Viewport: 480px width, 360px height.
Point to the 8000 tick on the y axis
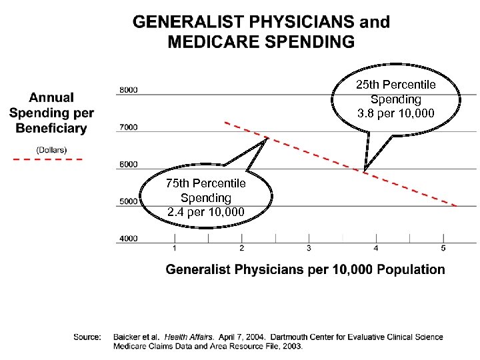point(128,90)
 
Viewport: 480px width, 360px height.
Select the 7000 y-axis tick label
point(128,127)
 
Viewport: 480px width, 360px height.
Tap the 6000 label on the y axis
point(128,164)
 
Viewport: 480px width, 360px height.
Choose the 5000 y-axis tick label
point(128,201)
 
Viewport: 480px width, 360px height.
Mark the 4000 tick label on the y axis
point(128,238)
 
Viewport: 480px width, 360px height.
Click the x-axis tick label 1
point(175,249)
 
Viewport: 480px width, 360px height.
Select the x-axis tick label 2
point(241,249)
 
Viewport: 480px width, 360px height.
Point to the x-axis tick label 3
point(309,249)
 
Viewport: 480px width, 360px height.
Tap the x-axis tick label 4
point(376,249)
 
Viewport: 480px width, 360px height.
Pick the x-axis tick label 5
point(443,249)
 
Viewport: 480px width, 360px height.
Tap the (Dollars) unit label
point(51,149)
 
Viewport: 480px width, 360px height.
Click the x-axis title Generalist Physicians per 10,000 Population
point(305,270)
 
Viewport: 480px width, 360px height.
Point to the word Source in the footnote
point(87,337)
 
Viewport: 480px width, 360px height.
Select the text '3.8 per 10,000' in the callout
point(395,114)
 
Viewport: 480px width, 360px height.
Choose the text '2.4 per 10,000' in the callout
point(205,213)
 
